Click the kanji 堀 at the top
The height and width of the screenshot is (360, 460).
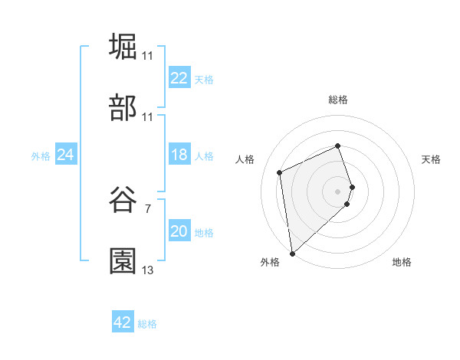[x=123, y=46]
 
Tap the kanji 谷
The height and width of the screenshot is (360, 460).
[x=123, y=199]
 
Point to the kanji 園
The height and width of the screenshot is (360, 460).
[x=123, y=261]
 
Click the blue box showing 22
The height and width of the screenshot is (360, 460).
[x=179, y=78]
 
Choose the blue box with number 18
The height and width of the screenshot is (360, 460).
[x=179, y=155]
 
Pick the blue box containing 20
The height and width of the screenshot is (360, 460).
[x=179, y=232]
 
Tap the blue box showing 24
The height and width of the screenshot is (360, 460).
[x=66, y=155]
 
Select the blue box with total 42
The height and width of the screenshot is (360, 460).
[x=123, y=323]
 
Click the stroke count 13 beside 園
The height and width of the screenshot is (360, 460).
[x=148, y=270]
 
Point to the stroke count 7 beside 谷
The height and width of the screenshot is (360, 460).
[x=148, y=208]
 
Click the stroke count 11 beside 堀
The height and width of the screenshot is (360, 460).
[x=148, y=56]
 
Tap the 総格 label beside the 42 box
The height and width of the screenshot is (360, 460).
[x=147, y=324]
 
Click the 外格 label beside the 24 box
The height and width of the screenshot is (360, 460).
[x=41, y=155]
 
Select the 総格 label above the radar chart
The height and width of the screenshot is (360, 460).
[x=338, y=100]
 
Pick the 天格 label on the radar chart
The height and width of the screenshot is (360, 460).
[x=432, y=159]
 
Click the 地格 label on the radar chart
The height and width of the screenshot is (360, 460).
[x=402, y=262]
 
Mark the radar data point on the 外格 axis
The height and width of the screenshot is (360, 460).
[x=291, y=253]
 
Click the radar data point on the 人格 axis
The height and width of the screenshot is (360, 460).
[x=280, y=172]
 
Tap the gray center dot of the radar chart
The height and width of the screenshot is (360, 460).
[x=338, y=190]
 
